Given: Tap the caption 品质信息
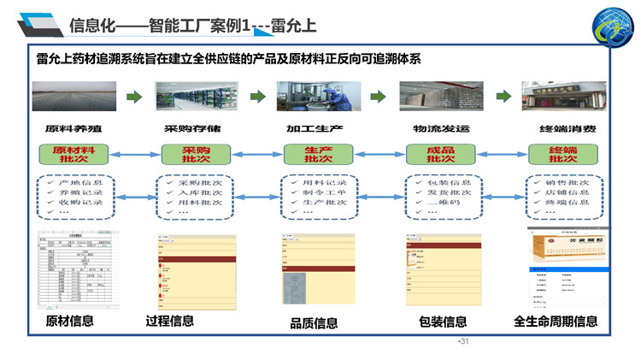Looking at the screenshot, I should tap(314, 323).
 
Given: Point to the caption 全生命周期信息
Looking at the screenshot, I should tap(555, 322).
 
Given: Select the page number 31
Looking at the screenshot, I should tap(466, 342).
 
